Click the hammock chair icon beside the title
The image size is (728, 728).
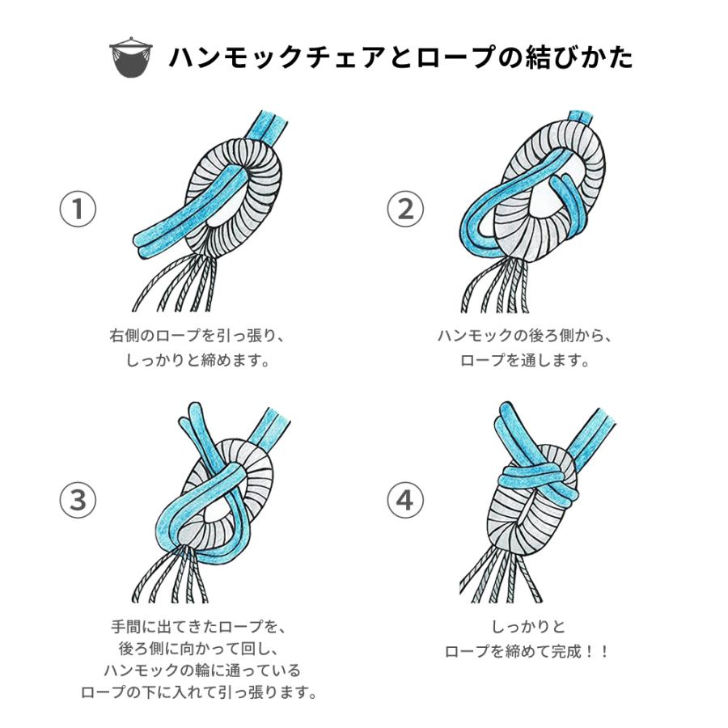coord(129,57)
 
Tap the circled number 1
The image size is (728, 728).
coord(78,209)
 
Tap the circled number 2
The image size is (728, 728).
coord(404,209)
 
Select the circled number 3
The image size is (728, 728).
coord(78,501)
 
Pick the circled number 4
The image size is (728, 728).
coord(404,501)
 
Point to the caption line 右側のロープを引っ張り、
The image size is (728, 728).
coord(197,336)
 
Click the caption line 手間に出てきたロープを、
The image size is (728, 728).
coord(197,627)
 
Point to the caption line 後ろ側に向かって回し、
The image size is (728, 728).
coord(197,649)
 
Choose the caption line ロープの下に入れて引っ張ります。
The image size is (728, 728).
coord(197,692)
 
